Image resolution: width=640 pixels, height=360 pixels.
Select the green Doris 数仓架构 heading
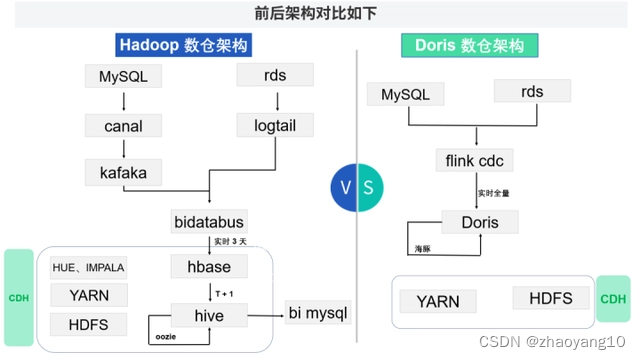470,46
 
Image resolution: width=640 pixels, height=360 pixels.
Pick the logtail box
275,125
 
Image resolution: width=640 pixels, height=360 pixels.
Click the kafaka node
124,172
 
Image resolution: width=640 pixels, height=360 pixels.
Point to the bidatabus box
209,221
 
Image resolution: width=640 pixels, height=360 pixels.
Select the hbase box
209,266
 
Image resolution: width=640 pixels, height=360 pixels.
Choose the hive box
209,314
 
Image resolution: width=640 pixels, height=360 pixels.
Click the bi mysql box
318,314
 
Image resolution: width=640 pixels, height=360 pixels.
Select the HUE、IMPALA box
89,266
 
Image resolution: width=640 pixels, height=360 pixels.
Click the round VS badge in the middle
357,187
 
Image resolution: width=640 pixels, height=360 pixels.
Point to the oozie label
167,337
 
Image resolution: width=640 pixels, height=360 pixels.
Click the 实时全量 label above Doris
494,192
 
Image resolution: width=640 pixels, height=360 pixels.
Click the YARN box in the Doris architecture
437,301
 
